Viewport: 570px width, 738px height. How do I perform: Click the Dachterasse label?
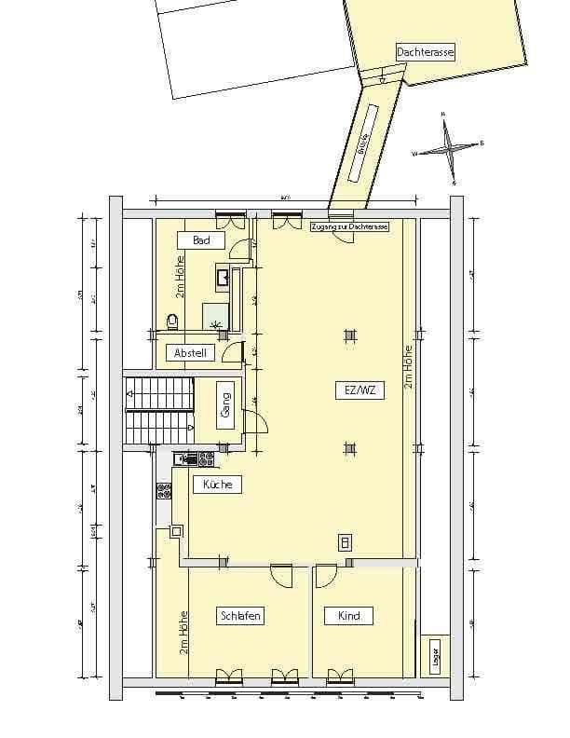pyautogui.click(x=425, y=53)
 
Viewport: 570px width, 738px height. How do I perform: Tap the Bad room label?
pyautogui.click(x=202, y=240)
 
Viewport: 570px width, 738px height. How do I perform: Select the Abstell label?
pyautogui.click(x=189, y=353)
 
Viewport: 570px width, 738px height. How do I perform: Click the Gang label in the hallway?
pyautogui.click(x=225, y=406)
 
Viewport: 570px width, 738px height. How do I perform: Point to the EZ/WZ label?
pyautogui.click(x=351, y=391)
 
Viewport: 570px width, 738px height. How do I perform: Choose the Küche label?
pyautogui.click(x=217, y=485)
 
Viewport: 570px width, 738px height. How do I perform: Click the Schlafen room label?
pyautogui.click(x=240, y=616)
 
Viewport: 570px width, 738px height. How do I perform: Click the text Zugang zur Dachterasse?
pyautogui.click(x=348, y=226)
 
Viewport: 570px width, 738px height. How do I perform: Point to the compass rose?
pyautogui.click(x=449, y=147)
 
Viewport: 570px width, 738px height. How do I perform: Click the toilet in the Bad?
pyautogui.click(x=171, y=321)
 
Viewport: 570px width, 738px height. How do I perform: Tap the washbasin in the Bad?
pyautogui.click(x=224, y=276)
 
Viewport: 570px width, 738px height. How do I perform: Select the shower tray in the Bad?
pyautogui.click(x=216, y=317)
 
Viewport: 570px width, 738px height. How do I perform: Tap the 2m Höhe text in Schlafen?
pyautogui.click(x=183, y=632)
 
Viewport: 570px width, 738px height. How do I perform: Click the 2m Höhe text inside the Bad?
pyautogui.click(x=179, y=277)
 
